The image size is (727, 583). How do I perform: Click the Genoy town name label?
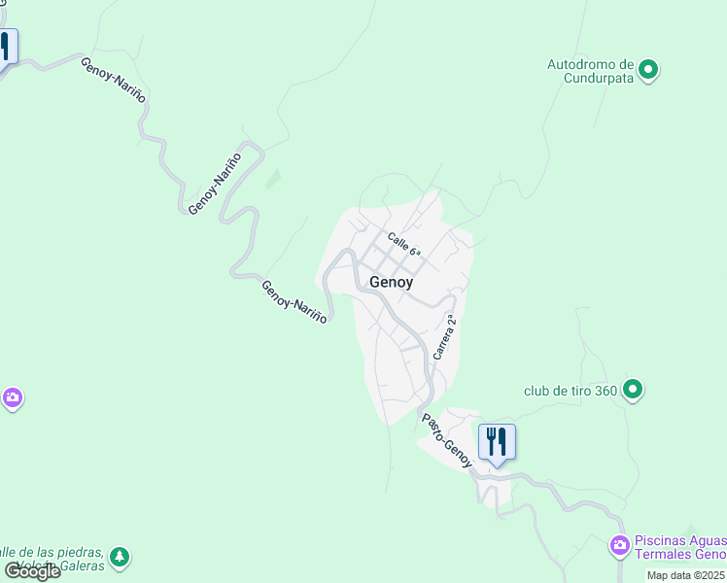point(391,282)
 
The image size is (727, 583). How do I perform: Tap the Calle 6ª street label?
point(403,244)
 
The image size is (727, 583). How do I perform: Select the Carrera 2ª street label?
point(445,337)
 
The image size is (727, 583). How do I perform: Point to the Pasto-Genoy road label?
point(446,439)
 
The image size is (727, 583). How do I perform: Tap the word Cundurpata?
point(600,79)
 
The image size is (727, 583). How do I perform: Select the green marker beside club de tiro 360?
point(633,391)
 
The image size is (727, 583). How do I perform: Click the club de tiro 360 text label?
point(570,392)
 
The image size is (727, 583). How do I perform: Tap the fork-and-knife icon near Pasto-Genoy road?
point(497,441)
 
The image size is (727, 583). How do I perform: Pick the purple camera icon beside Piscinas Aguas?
point(619,546)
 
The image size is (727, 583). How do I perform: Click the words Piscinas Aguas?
point(679,541)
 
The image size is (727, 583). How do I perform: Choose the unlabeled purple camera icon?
point(12,397)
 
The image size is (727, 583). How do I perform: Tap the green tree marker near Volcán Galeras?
point(120,557)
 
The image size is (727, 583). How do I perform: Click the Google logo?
point(32,571)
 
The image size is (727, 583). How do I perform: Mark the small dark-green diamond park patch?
point(273,179)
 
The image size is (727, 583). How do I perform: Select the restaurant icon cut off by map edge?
point(7,45)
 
